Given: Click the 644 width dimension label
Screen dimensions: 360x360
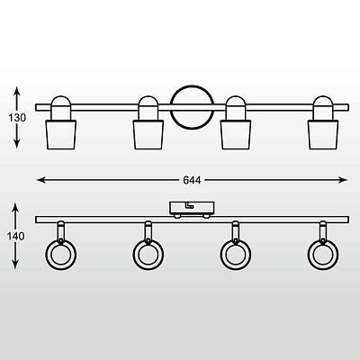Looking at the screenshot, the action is tap(192, 180).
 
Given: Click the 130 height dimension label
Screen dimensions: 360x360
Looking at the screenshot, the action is tap(17, 118).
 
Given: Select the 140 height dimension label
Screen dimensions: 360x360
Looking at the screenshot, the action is tap(16, 237).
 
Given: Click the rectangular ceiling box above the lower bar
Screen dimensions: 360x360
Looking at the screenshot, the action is tap(192, 208).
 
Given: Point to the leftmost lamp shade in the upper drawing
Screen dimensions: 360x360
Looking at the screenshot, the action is tap(61, 135).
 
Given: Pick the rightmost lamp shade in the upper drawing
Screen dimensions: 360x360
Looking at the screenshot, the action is tap(323, 135).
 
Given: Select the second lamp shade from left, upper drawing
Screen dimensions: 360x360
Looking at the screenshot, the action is tap(148, 135).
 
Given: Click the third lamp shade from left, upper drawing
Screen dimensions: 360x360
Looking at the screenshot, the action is tap(236, 135).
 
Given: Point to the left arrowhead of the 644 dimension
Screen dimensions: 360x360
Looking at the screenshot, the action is tap(40, 180).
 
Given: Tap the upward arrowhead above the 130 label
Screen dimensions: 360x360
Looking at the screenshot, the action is tap(17, 91).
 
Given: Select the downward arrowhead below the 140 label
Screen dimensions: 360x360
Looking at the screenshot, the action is tap(15, 264).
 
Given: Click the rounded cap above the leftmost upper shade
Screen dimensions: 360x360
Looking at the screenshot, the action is tap(61, 100).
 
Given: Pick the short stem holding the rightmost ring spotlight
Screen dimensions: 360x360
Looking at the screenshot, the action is tap(323, 232).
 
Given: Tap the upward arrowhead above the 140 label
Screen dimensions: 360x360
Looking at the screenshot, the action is tap(15, 208).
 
